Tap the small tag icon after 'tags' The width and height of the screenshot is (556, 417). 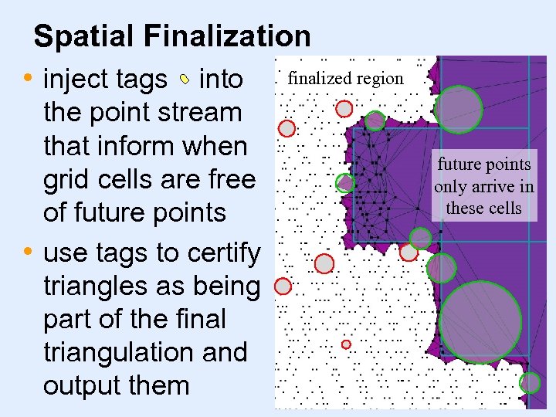click(x=184, y=79)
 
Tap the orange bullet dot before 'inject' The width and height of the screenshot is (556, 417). click(x=29, y=78)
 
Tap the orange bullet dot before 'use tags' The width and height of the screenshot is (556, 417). click(x=29, y=253)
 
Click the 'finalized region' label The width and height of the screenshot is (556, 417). click(x=345, y=78)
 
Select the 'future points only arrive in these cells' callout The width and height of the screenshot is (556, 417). click(x=483, y=186)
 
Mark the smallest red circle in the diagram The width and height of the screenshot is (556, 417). click(x=346, y=344)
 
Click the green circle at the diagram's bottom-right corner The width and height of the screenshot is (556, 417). click(x=531, y=382)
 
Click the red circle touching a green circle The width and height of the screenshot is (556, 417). click(x=409, y=252)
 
